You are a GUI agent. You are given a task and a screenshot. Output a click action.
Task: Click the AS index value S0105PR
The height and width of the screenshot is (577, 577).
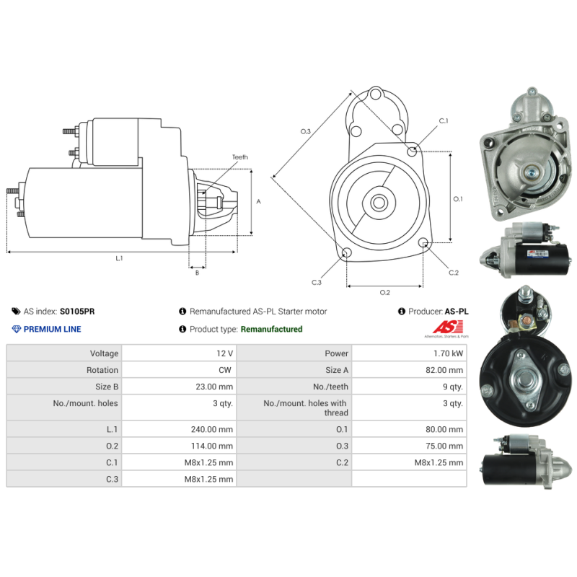click(77, 312)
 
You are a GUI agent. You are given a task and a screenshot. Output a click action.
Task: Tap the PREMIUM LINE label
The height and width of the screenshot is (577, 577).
click(52, 329)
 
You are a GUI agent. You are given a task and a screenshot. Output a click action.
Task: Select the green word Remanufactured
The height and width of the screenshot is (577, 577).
click(272, 329)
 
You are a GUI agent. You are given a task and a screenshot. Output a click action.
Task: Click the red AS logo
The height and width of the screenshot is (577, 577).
click(448, 327)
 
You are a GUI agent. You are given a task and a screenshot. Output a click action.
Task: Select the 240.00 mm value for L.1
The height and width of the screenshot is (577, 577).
click(212, 429)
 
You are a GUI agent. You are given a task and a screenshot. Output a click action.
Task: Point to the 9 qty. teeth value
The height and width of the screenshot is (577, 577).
click(453, 387)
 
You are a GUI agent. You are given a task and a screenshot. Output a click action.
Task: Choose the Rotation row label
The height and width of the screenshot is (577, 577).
click(102, 370)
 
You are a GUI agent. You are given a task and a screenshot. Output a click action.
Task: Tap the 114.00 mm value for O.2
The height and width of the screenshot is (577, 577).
click(212, 446)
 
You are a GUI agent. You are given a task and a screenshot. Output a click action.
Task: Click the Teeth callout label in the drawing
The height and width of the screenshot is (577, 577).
click(240, 157)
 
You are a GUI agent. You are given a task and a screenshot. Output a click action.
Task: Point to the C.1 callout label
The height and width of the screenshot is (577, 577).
click(444, 120)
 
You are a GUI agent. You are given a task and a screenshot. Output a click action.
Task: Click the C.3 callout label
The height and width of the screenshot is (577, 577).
click(317, 282)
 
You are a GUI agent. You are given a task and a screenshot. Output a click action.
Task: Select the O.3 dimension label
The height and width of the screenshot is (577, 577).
click(305, 131)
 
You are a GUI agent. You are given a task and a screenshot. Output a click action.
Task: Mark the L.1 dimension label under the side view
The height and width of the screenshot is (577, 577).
click(119, 258)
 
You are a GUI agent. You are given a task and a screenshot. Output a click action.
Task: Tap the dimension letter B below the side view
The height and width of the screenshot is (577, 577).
click(197, 273)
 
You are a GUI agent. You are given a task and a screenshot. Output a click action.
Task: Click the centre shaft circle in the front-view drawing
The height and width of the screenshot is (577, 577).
click(379, 203)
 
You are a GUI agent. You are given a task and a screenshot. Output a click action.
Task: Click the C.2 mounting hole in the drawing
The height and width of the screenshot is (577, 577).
click(423, 242)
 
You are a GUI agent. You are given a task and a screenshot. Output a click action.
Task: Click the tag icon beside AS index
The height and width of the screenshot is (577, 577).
click(16, 312)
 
